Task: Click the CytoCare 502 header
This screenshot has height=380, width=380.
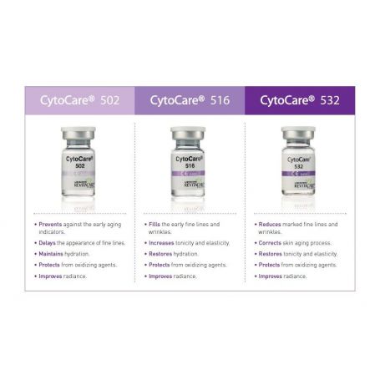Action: [x=79, y=100]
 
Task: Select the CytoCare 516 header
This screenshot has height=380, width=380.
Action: [x=190, y=100]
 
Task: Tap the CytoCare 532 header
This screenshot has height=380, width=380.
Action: [x=299, y=100]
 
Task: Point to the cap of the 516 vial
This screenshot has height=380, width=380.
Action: [x=188, y=134]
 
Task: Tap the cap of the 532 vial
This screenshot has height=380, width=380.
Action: [x=297, y=134]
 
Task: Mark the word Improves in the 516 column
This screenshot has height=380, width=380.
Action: [x=160, y=276]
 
